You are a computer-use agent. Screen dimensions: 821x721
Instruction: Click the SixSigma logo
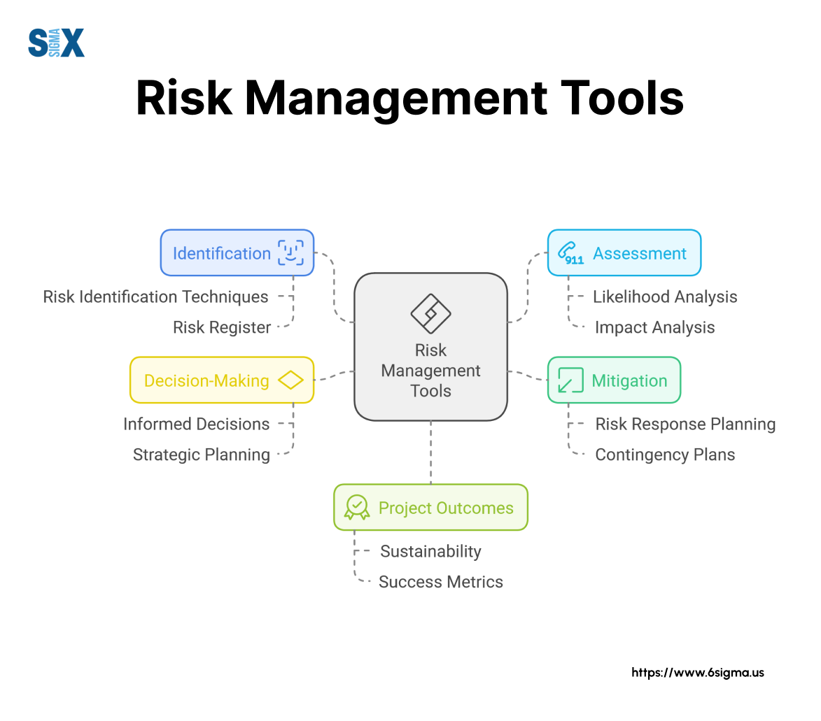click(x=56, y=43)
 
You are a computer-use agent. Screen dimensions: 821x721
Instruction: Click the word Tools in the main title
click(x=622, y=98)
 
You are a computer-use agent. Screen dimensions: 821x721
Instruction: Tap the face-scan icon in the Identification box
click(x=290, y=252)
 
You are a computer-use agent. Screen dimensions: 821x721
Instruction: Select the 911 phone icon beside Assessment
click(x=570, y=253)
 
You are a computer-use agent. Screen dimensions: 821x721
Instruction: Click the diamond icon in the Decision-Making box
click(x=290, y=380)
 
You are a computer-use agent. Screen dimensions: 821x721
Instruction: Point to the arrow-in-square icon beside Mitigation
click(x=570, y=380)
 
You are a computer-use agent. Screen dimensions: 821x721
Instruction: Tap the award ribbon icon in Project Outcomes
click(x=357, y=507)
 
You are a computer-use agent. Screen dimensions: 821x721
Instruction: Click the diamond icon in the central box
click(x=430, y=313)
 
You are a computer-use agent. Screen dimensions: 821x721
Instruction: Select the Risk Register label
click(x=221, y=327)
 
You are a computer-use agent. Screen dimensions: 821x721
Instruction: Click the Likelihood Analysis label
click(x=665, y=297)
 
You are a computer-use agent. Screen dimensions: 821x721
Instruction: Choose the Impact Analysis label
click(x=654, y=327)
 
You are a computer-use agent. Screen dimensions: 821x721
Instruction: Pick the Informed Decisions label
click(x=197, y=424)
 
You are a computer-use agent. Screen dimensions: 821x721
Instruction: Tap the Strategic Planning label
click(x=202, y=455)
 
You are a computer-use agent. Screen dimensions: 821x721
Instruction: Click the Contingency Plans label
click(x=665, y=455)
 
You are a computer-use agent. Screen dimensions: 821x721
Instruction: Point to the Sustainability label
click(x=430, y=552)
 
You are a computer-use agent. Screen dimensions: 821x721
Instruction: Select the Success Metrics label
click(x=440, y=582)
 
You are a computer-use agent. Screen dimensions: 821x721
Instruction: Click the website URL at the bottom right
click(x=697, y=673)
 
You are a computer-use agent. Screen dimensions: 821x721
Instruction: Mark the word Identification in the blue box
click(x=221, y=253)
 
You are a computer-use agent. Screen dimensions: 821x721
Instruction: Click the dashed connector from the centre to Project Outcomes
click(x=431, y=452)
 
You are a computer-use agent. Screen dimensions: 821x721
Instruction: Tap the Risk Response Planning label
click(x=685, y=424)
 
